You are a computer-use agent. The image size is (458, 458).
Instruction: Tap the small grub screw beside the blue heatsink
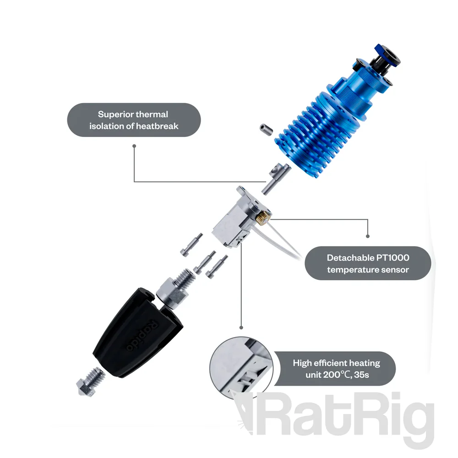tap(266, 130)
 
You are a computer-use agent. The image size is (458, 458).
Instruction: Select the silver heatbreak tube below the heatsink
tap(275, 177)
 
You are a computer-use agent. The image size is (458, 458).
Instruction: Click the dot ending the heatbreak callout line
tap(134, 146)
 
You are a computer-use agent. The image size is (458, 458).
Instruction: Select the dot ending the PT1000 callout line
tap(367, 236)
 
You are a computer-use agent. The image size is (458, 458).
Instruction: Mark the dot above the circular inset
tap(241, 327)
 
